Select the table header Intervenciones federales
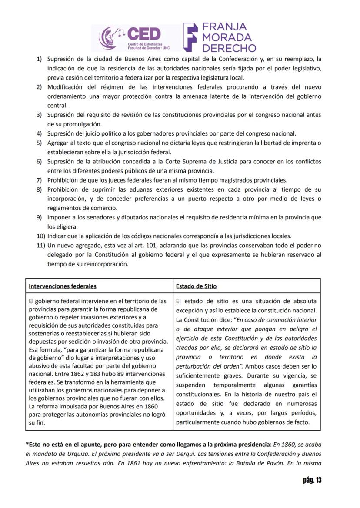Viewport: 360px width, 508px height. click(63, 286)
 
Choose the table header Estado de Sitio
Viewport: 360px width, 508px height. click(196, 286)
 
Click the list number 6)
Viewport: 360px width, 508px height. click(39, 161)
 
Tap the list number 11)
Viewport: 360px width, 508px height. click(40, 246)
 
